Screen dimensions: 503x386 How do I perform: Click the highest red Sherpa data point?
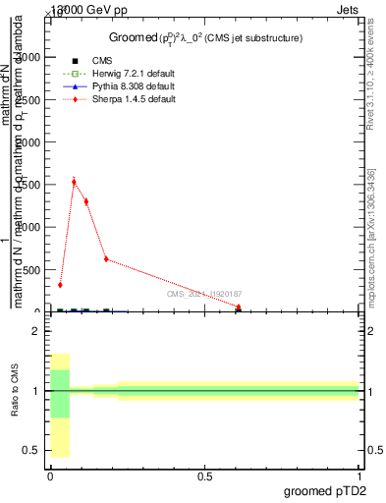(x=74, y=182)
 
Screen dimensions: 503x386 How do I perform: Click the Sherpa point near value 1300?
(x=86, y=201)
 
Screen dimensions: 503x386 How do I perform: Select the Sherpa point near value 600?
(x=106, y=259)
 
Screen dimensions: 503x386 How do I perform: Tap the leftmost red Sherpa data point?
(x=60, y=285)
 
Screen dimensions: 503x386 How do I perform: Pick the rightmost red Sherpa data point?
(x=239, y=307)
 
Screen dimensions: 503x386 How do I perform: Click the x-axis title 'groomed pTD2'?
(x=326, y=490)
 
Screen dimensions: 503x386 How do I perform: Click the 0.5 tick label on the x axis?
(x=204, y=475)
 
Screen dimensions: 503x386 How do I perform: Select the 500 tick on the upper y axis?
(x=31, y=270)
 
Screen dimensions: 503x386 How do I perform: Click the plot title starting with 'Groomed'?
(x=204, y=37)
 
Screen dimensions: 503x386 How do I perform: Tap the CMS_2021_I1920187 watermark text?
(x=204, y=294)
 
